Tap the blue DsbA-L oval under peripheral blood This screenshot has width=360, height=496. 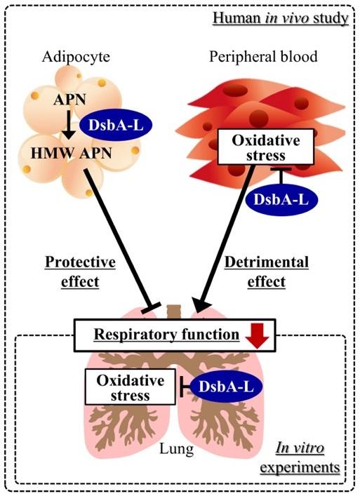tap(281, 198)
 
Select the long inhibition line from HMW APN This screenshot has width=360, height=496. tap(119, 239)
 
